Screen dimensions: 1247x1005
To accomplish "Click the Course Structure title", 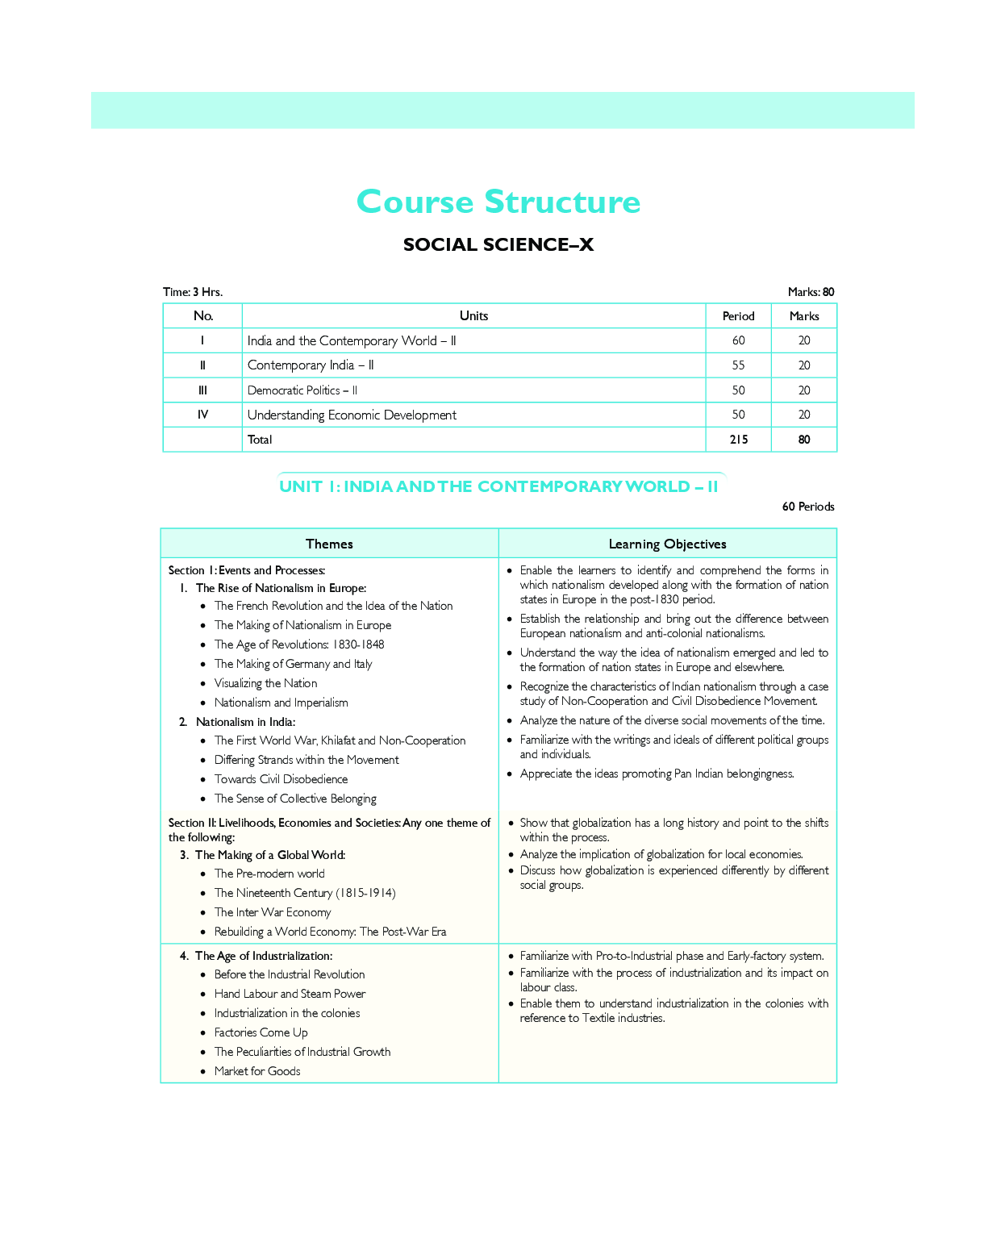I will [498, 202].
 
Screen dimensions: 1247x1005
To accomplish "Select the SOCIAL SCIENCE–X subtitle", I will [498, 245].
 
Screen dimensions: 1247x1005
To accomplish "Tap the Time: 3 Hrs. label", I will [193, 292].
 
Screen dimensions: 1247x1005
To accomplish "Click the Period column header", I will [738, 316].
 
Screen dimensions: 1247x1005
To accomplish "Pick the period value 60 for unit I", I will [738, 340].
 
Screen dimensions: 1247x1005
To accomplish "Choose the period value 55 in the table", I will [738, 365].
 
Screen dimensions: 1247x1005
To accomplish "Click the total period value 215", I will [738, 440].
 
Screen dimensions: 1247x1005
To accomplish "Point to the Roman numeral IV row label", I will [202, 415].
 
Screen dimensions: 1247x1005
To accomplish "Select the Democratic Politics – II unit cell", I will [302, 390].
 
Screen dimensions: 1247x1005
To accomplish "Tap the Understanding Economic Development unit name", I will [352, 415].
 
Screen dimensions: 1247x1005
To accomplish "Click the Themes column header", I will [329, 544].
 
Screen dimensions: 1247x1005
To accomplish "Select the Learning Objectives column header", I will [667, 544].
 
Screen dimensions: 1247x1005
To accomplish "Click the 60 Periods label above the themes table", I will [808, 507].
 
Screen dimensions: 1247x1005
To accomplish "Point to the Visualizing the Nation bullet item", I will [265, 683].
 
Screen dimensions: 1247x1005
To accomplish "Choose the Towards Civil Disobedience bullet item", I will [281, 779].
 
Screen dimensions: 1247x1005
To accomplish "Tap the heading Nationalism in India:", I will [245, 722].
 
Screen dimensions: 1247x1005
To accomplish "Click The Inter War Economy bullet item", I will [273, 912].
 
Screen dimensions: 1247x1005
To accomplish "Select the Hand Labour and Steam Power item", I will [290, 994].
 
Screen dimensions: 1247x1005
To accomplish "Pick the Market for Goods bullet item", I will [257, 1071].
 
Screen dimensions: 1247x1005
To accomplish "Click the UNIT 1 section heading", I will [498, 486].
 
